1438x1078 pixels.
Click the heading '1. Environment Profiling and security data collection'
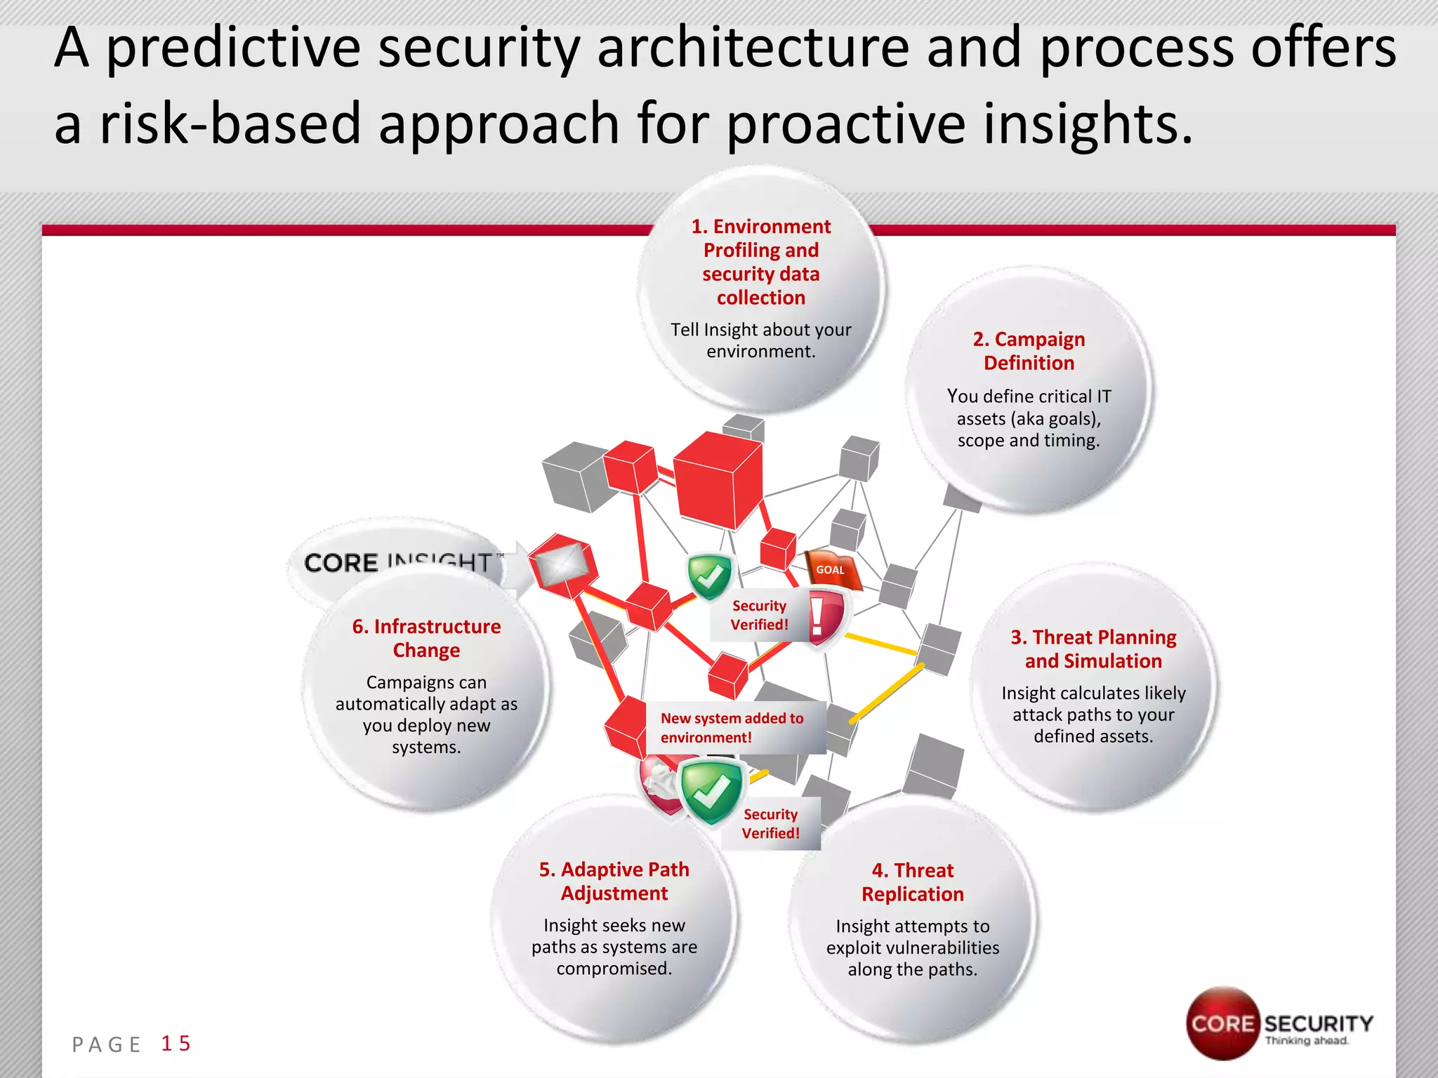click(x=761, y=262)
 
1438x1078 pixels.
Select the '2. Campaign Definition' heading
click(x=1029, y=351)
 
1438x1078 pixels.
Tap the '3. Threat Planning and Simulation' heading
click(x=1093, y=649)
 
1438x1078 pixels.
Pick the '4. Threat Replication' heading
click(x=913, y=882)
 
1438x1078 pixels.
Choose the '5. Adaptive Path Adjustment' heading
click(x=614, y=881)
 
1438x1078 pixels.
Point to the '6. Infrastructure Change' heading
click(x=426, y=638)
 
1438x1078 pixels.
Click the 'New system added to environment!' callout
click(x=732, y=728)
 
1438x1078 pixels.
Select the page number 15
click(x=176, y=1044)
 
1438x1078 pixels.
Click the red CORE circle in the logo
click(x=1222, y=1023)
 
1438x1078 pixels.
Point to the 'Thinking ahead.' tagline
click(x=1307, y=1041)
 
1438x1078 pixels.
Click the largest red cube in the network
click(x=718, y=479)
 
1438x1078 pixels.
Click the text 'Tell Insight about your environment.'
click(x=761, y=340)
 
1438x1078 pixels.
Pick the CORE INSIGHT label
click(x=397, y=561)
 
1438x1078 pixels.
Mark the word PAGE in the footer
click(x=107, y=1045)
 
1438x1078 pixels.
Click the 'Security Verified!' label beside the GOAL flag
click(x=759, y=615)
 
